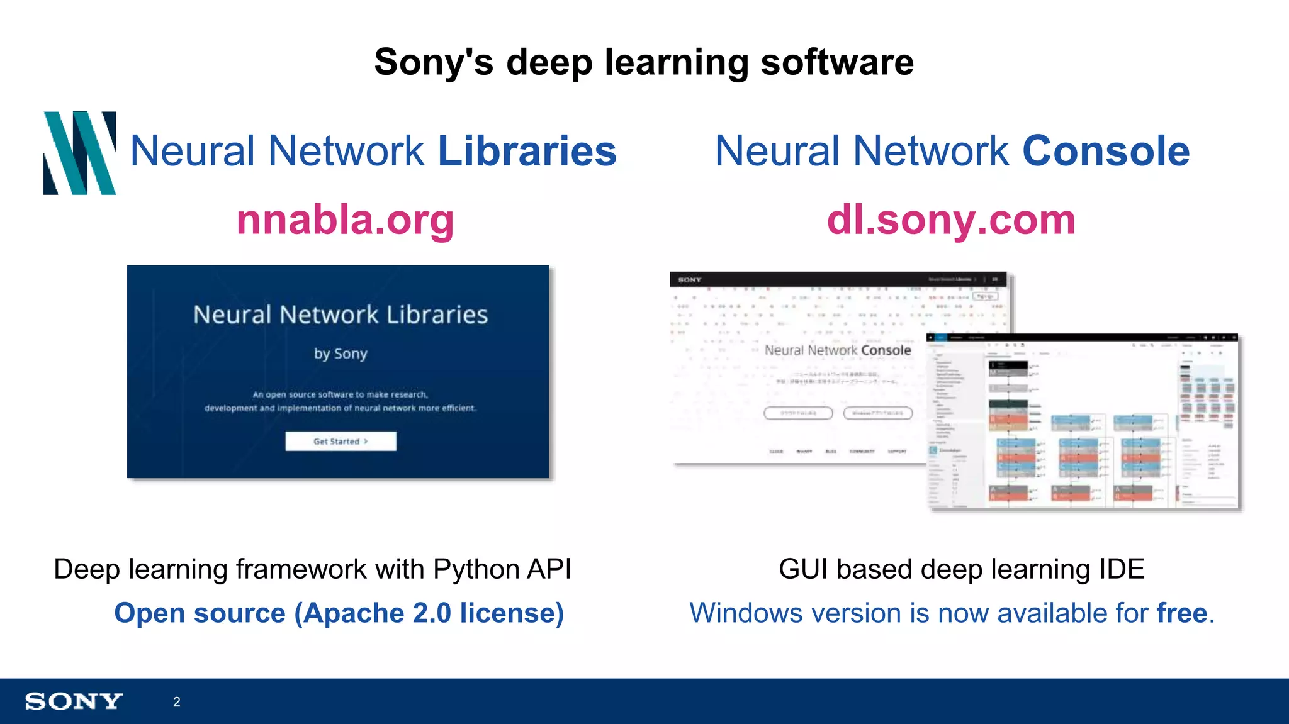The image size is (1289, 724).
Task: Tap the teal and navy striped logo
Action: coord(80,153)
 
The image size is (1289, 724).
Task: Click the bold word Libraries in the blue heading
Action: coord(527,152)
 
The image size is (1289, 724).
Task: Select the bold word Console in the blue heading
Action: coord(1106,152)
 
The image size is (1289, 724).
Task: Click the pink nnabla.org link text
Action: coord(345,220)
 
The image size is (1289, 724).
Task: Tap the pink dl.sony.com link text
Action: coord(951,220)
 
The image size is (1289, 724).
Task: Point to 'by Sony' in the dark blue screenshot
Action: coord(341,354)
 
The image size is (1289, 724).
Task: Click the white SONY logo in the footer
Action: coord(74,701)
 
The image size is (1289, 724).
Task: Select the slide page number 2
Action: coord(177,702)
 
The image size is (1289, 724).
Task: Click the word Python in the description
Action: coord(475,570)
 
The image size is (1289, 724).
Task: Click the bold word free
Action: coord(1181,613)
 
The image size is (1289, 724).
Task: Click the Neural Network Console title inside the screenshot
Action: coord(838,350)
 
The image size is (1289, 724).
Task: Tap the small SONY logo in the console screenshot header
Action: coord(690,279)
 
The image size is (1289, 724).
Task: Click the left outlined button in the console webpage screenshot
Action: coord(798,413)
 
